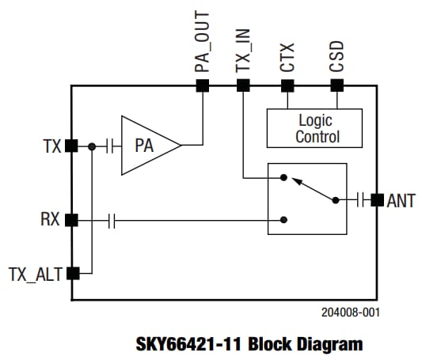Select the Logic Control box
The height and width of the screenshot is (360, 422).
pos(314,128)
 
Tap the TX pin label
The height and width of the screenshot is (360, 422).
pos(51,146)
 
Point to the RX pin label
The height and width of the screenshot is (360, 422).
pos(50,220)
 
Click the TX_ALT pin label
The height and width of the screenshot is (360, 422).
pos(34,275)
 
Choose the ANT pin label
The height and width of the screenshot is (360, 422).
pos(401,200)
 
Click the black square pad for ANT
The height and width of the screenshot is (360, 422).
pos(377,200)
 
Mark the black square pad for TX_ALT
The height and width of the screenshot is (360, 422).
pos(72,274)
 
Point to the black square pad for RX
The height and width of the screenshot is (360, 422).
pos(72,220)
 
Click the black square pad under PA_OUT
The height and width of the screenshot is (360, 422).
pos(203,85)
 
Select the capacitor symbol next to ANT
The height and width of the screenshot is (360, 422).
pos(363,200)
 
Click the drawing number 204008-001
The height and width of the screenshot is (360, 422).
pos(351,313)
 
